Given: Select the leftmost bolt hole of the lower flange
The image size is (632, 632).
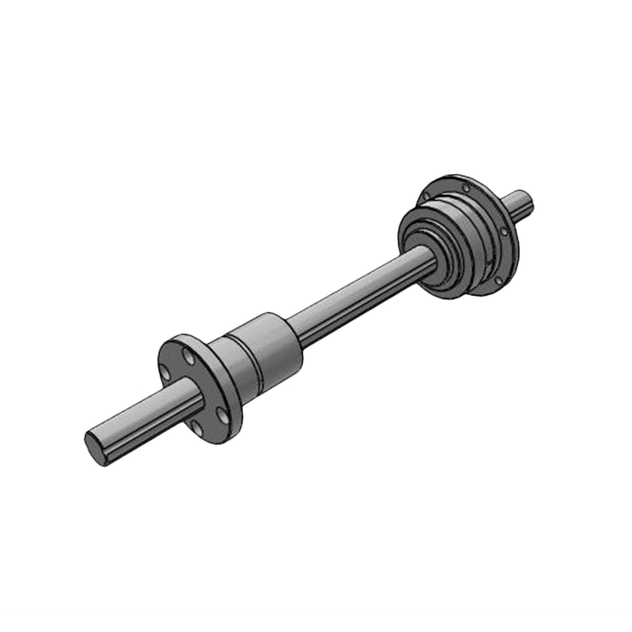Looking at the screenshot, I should tap(165, 372).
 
